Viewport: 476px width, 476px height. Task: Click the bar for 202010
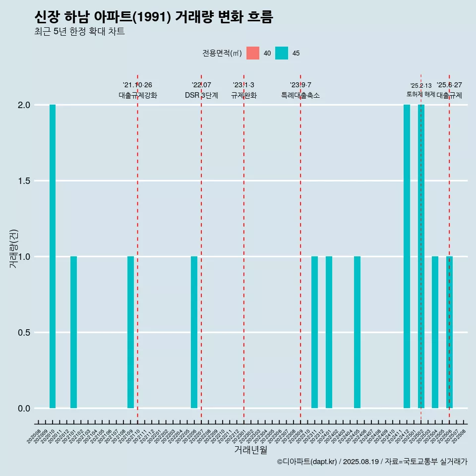pos(53,256)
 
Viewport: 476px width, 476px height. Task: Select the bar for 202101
pos(73,332)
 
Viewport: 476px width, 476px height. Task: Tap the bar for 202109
pos(130,332)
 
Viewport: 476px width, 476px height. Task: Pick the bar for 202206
pos(194,332)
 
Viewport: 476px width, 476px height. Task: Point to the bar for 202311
pos(314,332)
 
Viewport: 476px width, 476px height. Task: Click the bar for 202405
pos(357,332)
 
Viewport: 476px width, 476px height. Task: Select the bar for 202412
pos(407,256)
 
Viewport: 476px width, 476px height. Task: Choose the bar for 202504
pos(435,332)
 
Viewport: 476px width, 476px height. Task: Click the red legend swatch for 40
pos(253,53)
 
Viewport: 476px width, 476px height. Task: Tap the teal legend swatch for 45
pos(282,53)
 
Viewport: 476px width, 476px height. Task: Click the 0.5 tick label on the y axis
pos(24,333)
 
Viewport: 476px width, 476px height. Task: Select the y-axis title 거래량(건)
pos(14,248)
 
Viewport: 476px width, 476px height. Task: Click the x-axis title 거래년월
pos(250,450)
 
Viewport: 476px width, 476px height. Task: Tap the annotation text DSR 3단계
pos(201,95)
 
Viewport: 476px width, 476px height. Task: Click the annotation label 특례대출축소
pos(300,95)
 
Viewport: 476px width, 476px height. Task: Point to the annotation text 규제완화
pos(243,95)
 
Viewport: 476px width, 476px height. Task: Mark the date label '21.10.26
pos(137,85)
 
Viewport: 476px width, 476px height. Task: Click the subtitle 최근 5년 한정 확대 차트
pos(79,32)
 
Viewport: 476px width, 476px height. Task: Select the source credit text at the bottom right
pos(372,462)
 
